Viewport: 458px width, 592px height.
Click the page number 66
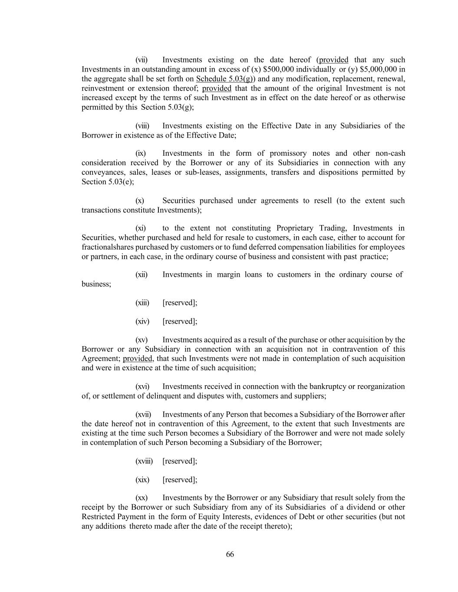pyautogui.click(x=230, y=554)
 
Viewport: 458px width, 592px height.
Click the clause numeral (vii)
pyautogui.click(x=142, y=60)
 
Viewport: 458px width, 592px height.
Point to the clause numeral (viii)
pyautogui.click(x=142, y=126)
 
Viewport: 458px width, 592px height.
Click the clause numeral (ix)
pyautogui.click(x=141, y=153)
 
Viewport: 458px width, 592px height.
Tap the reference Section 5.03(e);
pyautogui.click(x=108, y=182)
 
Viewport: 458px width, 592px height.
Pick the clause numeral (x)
pyautogui.click(x=140, y=200)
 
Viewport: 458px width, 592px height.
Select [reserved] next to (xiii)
pyautogui.click(x=180, y=303)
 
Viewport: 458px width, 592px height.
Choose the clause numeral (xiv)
pyautogui.click(x=142, y=321)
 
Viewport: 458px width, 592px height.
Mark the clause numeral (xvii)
pyautogui.click(x=143, y=414)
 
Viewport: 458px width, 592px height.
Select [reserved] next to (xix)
pyautogui.click(x=180, y=480)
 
